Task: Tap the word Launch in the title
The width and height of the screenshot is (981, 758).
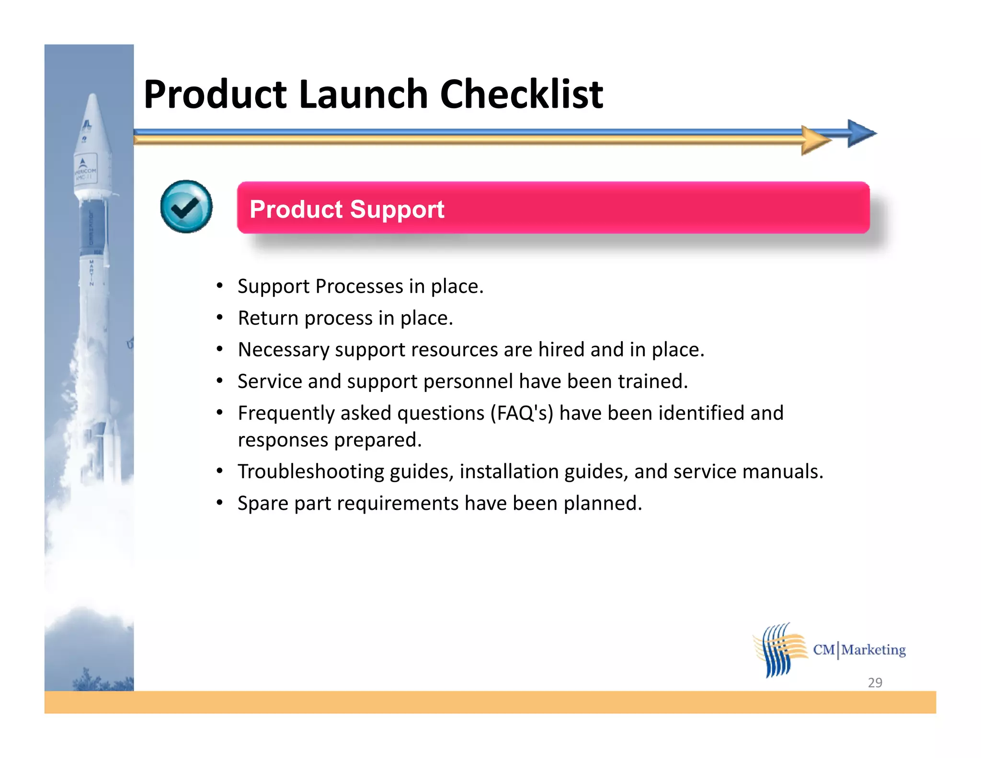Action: click(x=363, y=94)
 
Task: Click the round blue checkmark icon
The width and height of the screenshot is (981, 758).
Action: click(x=186, y=207)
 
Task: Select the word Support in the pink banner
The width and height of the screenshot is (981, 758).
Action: click(x=397, y=209)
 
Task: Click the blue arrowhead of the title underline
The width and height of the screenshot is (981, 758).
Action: click(x=860, y=133)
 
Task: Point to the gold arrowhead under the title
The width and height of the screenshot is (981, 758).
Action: click(x=815, y=140)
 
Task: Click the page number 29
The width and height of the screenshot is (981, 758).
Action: click(x=875, y=682)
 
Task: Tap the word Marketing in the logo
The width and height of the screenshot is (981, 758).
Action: click(x=874, y=650)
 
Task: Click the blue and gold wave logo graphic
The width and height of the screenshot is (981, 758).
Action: click(x=780, y=650)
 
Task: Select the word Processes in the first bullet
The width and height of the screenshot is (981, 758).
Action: click(x=359, y=287)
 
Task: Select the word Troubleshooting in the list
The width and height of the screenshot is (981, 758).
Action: click(x=311, y=472)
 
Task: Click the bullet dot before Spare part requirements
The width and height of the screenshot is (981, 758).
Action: click(x=219, y=503)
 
